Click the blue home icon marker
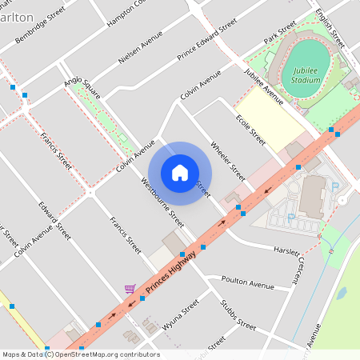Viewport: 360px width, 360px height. tap(180, 172)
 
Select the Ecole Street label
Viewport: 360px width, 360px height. tap(250, 129)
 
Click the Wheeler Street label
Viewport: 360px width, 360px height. tap(227, 161)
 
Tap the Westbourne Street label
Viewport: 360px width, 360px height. tap(162, 201)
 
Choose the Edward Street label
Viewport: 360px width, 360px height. tap(54, 221)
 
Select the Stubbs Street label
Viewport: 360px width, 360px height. tap(238, 315)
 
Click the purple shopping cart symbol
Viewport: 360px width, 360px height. tap(129, 289)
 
